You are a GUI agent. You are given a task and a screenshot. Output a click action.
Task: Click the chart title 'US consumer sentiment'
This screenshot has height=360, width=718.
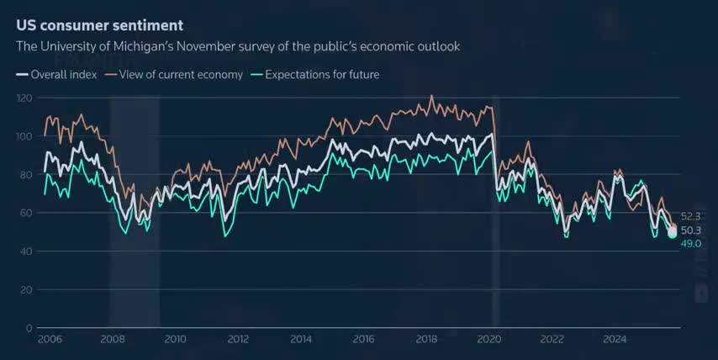(99, 26)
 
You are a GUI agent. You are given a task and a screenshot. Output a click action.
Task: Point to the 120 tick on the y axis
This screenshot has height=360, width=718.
(24, 98)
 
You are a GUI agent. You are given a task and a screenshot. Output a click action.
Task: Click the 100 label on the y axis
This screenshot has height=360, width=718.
(24, 136)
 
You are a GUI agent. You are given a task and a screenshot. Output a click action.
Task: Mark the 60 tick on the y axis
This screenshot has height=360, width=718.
(26, 213)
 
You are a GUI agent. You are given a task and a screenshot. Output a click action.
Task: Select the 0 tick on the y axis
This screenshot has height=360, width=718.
(29, 328)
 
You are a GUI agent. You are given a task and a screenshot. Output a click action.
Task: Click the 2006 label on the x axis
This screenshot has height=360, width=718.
(50, 340)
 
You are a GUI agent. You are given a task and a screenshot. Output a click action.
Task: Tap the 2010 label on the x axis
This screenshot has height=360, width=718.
(175, 340)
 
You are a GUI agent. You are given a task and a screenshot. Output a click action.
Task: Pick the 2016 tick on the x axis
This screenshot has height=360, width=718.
(363, 340)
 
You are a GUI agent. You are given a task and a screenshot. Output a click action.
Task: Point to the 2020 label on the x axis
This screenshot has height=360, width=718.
(488, 340)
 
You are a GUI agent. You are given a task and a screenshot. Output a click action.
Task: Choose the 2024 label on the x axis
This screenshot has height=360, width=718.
(615, 340)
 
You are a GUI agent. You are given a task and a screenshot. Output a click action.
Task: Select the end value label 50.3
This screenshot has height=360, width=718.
(691, 230)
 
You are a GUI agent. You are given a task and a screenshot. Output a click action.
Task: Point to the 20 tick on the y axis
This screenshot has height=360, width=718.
(26, 289)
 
